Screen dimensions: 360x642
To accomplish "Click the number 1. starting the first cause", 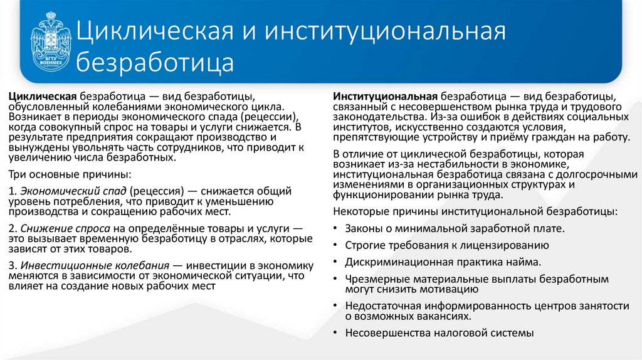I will [x=12, y=191].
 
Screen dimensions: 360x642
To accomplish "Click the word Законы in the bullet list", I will [x=363, y=229].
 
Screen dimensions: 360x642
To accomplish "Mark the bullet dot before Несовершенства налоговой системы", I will [x=337, y=334].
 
